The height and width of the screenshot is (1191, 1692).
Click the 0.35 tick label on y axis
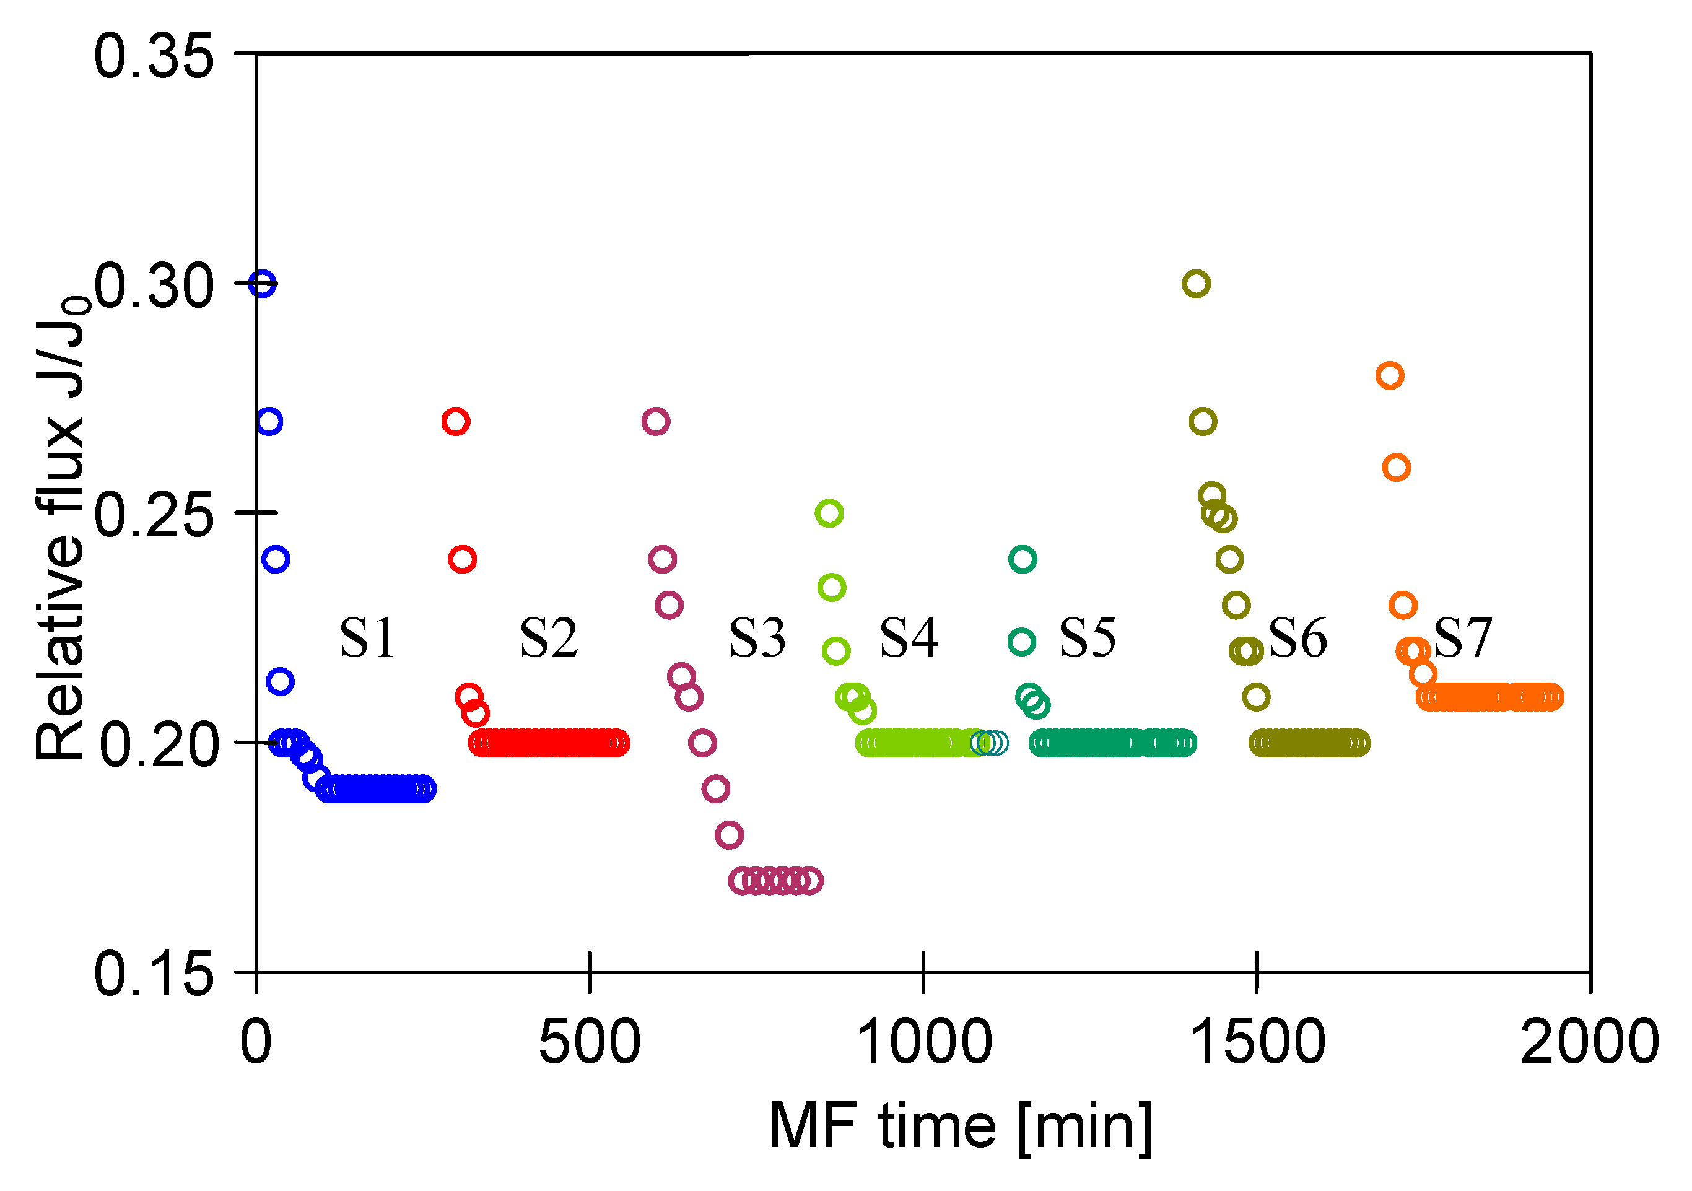153,58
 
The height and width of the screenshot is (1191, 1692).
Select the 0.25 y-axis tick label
153,515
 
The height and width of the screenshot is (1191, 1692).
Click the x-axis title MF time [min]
959,1127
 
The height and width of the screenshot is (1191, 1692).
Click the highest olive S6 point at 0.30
1195,284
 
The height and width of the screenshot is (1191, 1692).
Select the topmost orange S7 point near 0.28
1389,376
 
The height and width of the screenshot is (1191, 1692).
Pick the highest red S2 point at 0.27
456,422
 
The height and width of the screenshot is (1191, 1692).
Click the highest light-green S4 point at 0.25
829,513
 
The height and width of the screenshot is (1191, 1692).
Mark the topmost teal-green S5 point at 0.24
1022,559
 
